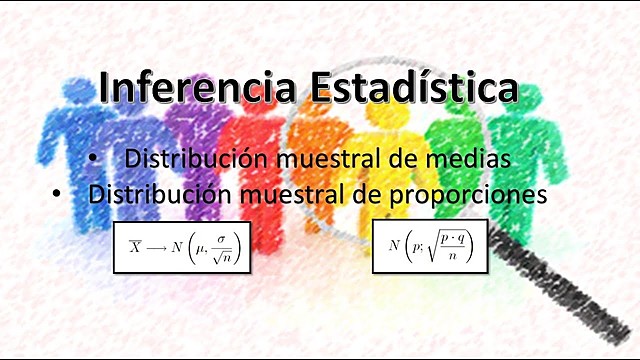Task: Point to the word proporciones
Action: tap(476, 194)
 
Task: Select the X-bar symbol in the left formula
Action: tap(135, 246)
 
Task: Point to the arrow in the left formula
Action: tap(160, 246)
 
